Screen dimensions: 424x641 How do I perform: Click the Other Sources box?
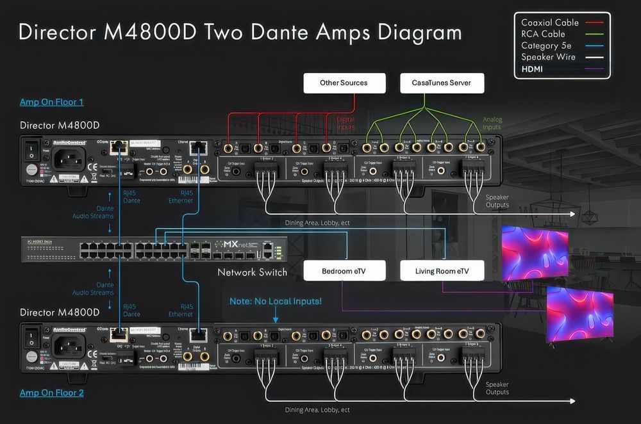click(344, 83)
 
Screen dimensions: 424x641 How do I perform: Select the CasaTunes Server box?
click(442, 83)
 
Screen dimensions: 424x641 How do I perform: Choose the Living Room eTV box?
click(442, 271)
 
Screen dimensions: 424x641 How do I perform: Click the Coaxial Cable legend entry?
click(550, 22)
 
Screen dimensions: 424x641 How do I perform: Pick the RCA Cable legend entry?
click(543, 34)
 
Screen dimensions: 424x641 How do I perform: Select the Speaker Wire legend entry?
click(548, 57)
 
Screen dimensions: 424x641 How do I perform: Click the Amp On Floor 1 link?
click(52, 102)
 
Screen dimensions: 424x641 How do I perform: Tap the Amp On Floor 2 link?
click(52, 393)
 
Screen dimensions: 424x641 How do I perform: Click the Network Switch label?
click(252, 272)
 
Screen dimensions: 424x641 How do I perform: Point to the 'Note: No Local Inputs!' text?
click(276, 301)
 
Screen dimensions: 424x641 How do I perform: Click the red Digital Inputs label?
click(345, 124)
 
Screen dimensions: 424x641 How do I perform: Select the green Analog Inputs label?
click(492, 124)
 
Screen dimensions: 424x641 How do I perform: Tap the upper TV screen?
click(534, 252)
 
